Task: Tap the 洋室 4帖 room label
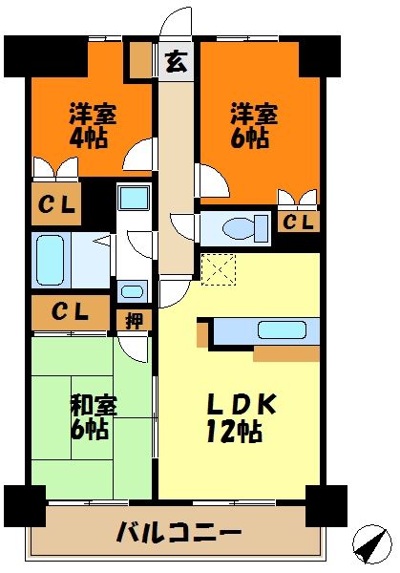click(x=93, y=125)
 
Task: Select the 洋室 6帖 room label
click(x=254, y=125)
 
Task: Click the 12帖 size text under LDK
click(x=234, y=432)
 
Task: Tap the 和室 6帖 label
click(x=94, y=417)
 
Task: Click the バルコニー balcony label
click(x=179, y=532)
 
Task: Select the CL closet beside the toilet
click(x=298, y=223)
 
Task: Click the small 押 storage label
click(x=134, y=320)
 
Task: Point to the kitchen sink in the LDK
click(x=282, y=331)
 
